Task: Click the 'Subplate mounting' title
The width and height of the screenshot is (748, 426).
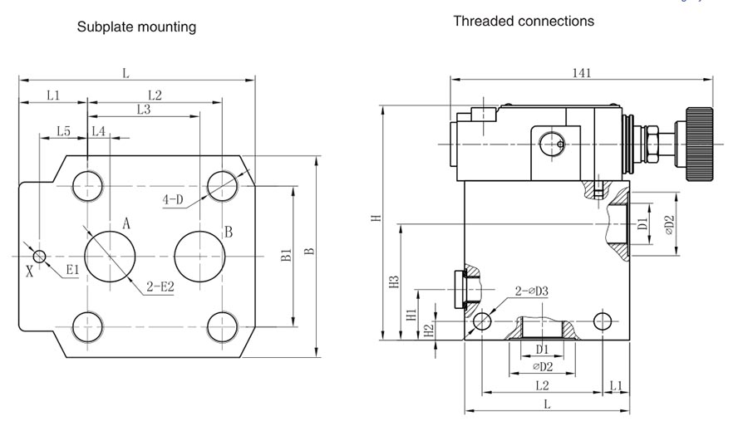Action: point(136,27)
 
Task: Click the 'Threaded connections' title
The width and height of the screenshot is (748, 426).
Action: point(523,21)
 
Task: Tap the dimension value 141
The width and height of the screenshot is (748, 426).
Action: point(581,72)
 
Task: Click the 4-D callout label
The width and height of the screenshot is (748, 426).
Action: point(173,199)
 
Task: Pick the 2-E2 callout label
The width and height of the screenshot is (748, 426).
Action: point(160,286)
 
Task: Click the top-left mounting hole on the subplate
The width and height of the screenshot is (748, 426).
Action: point(87,185)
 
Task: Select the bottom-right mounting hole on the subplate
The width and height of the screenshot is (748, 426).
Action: point(222,325)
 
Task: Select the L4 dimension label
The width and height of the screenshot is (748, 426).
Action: point(98,131)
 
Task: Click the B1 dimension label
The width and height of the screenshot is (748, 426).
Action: point(285,256)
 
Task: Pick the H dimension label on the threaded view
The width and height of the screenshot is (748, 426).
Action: point(376,218)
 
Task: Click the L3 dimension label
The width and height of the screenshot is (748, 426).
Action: point(143,109)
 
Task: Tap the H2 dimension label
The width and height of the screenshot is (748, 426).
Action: point(428,330)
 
